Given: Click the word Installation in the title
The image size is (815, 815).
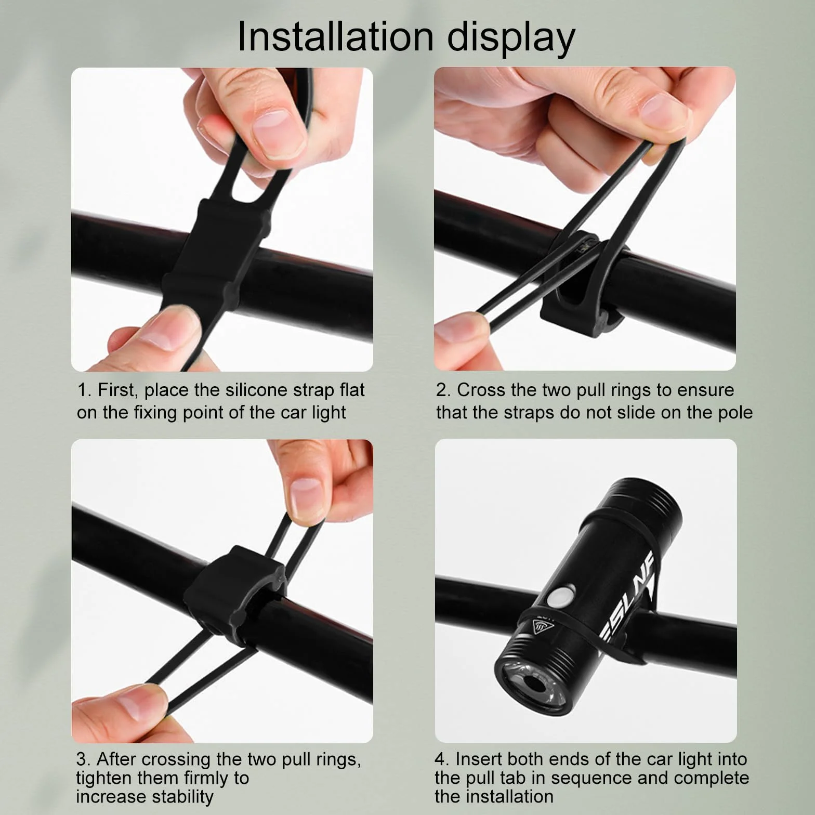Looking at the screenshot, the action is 335,36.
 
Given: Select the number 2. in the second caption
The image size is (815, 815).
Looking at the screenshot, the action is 443,390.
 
